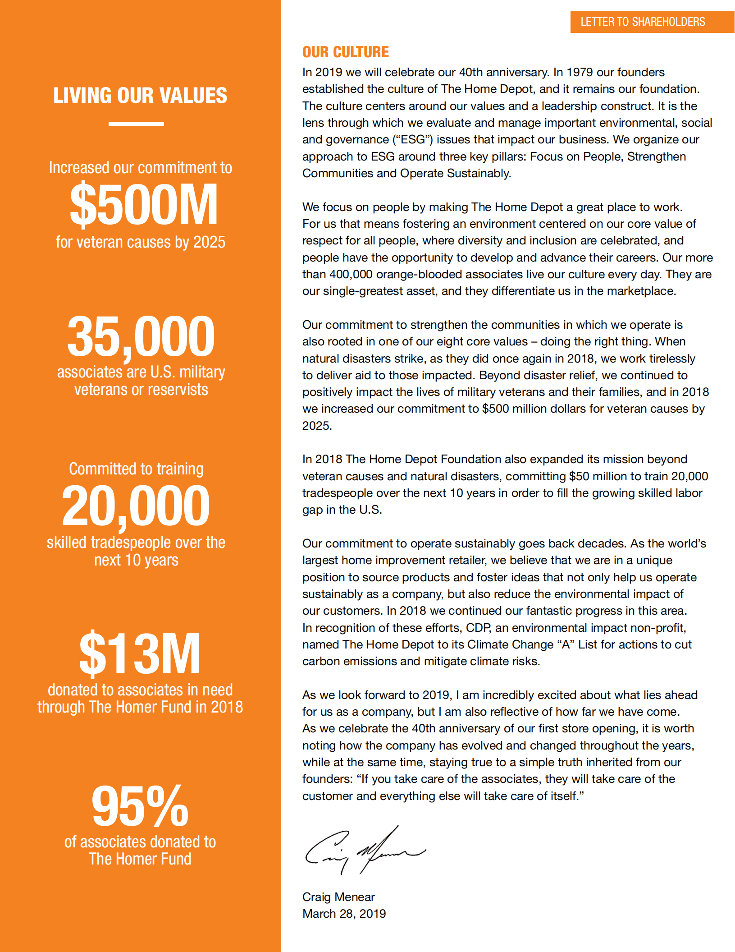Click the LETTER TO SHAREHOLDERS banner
[x=643, y=22]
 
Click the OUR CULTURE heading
[x=345, y=52]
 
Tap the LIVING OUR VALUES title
[x=140, y=96]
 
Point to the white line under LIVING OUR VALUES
[x=136, y=124]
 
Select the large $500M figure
[x=144, y=205]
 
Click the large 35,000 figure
[x=141, y=336]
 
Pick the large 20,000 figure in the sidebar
[x=136, y=506]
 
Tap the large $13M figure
[x=140, y=653]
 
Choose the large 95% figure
[x=140, y=806]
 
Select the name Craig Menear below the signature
[x=338, y=897]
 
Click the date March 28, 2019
[x=344, y=914]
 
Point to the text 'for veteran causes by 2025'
[x=140, y=242]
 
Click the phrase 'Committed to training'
[x=136, y=469]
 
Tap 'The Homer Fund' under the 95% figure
[x=140, y=859]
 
